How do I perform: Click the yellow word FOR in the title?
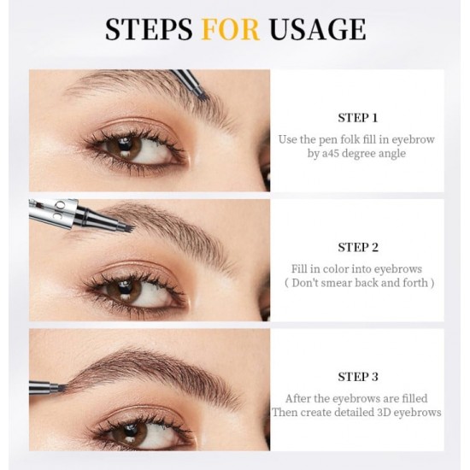pos(230,29)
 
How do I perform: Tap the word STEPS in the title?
pos(149,29)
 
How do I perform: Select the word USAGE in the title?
pos(317,29)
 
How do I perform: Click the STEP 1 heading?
pos(358,118)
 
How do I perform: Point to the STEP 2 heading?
pos(358,247)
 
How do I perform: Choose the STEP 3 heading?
pos(358,377)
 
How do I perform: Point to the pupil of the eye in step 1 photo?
pos(124,144)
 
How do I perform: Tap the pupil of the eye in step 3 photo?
pos(130,430)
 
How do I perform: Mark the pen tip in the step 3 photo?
pos(61,388)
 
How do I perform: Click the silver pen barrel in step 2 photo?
pos(53,213)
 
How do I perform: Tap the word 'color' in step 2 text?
pos(332,269)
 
